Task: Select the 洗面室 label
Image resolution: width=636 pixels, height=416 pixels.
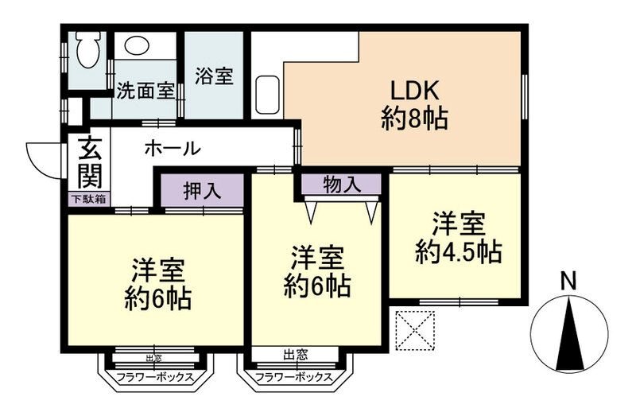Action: (x=145, y=90)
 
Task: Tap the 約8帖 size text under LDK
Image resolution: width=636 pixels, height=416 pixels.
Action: (x=413, y=120)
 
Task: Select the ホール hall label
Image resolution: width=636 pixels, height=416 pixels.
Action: (x=172, y=148)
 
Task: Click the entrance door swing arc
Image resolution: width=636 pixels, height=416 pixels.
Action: (x=40, y=159)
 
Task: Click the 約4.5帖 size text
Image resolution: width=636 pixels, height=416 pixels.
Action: (x=457, y=252)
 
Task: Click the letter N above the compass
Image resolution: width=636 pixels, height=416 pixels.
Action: (x=568, y=281)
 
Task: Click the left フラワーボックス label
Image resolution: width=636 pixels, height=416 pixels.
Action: (x=154, y=377)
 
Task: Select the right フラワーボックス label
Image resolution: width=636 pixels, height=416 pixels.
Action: (x=294, y=377)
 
